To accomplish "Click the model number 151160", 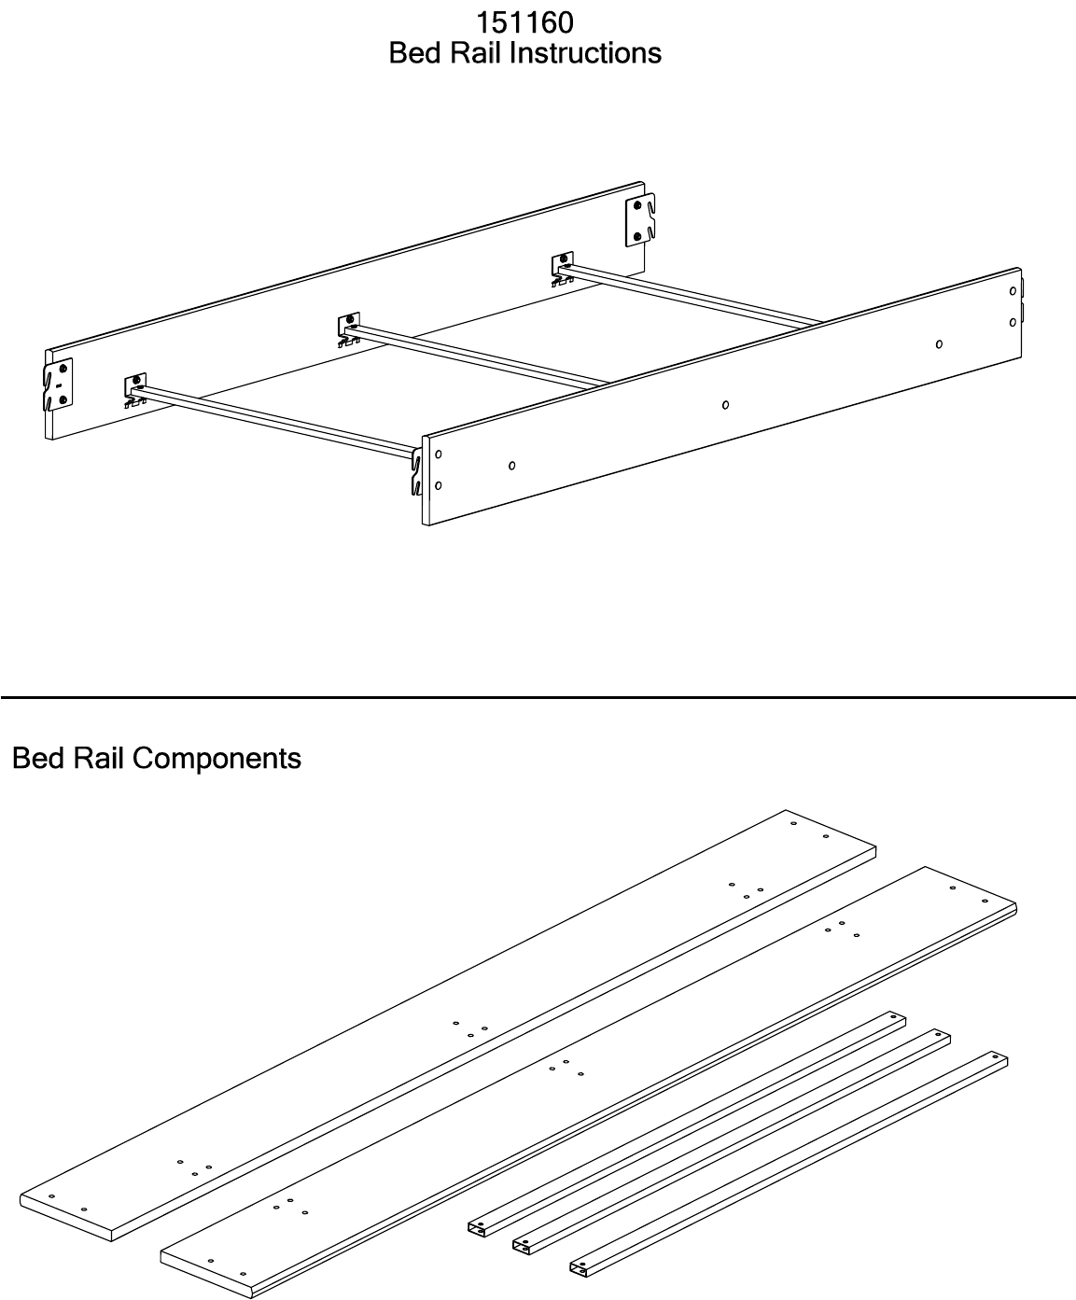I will coord(524,21).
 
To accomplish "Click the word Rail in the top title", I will coord(488,53).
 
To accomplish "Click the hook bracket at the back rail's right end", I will coord(640,221).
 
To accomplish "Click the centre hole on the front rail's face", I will coord(725,405).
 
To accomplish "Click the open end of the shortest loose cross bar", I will coord(580,1269).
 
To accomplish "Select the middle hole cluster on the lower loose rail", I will coord(566,1068).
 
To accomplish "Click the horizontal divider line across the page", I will coord(538,697).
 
